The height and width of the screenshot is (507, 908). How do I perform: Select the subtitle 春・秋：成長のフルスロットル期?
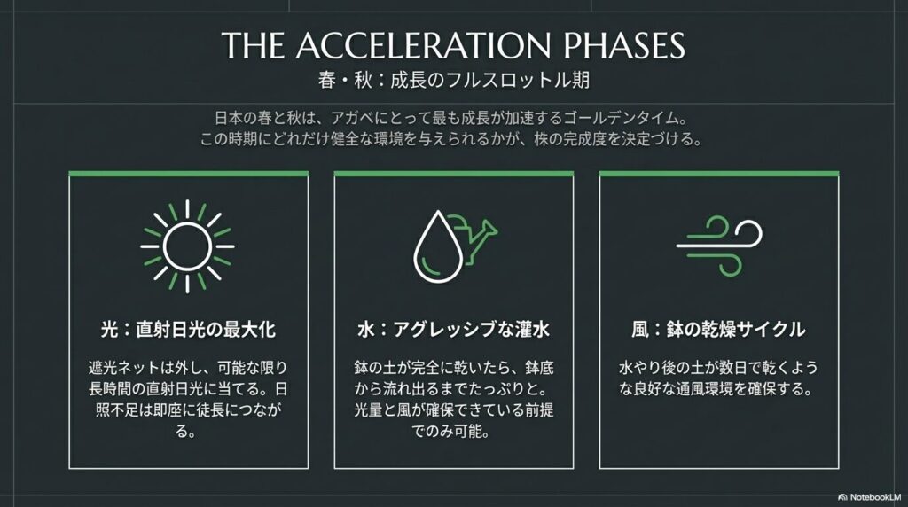pos(453,79)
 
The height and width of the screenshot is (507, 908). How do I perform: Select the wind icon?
pos(718,239)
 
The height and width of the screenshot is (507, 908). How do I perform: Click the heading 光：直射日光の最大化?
pos(187,331)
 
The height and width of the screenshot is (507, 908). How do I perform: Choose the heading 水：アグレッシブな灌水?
pos(453,331)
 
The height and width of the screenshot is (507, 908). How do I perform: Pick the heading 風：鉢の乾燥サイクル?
pos(719,331)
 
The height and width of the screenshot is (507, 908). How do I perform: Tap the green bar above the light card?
pos(188,173)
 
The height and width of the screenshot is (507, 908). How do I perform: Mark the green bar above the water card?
pos(454,173)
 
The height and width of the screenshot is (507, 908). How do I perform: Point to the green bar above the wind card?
pos(719,173)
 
